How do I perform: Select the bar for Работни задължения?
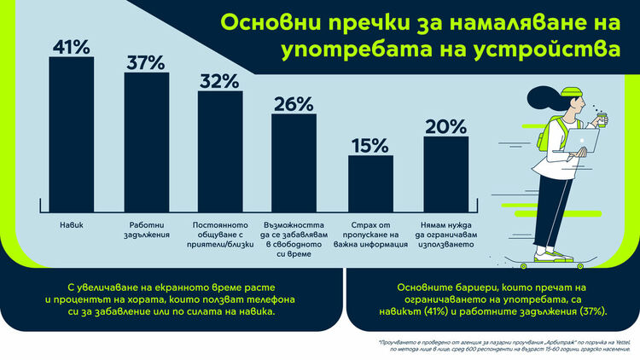coord(147,141)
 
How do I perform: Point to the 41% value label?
coord(71,46)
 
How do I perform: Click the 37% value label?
coord(147,61)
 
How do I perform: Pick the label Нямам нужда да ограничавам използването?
coord(445,235)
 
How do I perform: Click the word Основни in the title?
coord(259,20)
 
